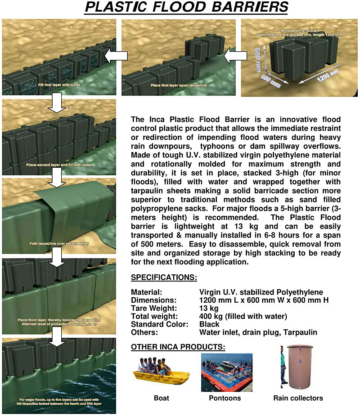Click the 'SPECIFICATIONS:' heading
pos(164,277)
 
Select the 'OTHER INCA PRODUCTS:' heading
pos(178,347)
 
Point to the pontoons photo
pos(226,372)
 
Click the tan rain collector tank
pos(301,367)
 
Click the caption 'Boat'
pos(161,398)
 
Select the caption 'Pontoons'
pos(225,398)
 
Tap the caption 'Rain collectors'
pos(298,398)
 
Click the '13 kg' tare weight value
pos(209,308)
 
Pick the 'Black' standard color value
pos(209,324)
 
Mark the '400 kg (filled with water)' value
pos(243,316)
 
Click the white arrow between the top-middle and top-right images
pos(233,57)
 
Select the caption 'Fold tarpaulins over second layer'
pos(57,243)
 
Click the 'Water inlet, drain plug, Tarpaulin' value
pos(258,332)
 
